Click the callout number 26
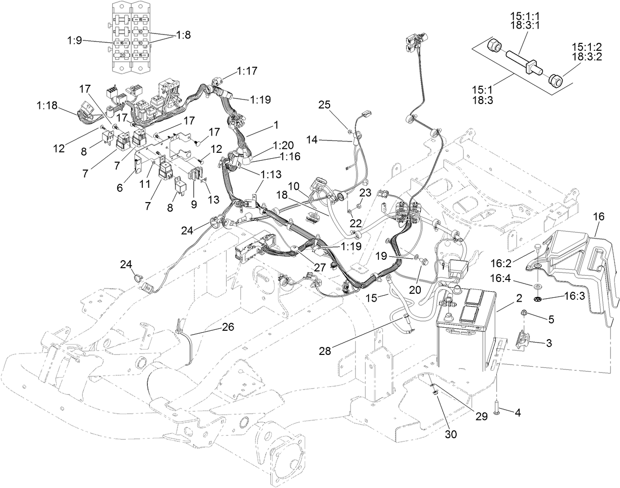[228, 326]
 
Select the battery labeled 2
[466, 335]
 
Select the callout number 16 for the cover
[599, 216]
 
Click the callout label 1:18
[47, 105]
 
